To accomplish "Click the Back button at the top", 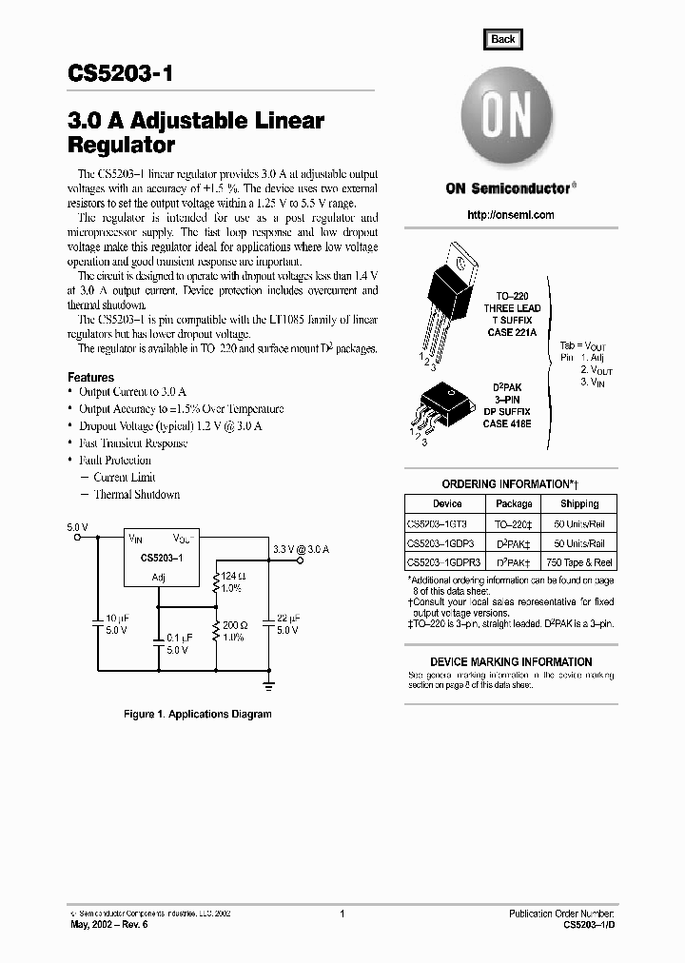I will (x=502, y=39).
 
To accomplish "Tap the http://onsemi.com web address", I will (x=510, y=215).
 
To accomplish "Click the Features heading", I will (x=90, y=378).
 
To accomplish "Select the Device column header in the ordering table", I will (x=446, y=503).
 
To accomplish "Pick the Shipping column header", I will (x=578, y=503).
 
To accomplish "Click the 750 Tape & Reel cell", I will (x=578, y=561).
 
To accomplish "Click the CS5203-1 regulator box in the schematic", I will (x=163, y=558).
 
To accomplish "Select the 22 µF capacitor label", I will (x=287, y=619).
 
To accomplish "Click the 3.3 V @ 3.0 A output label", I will (x=301, y=549).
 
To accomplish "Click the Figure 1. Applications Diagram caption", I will (x=198, y=714).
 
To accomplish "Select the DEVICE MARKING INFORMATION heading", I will (x=511, y=661).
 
